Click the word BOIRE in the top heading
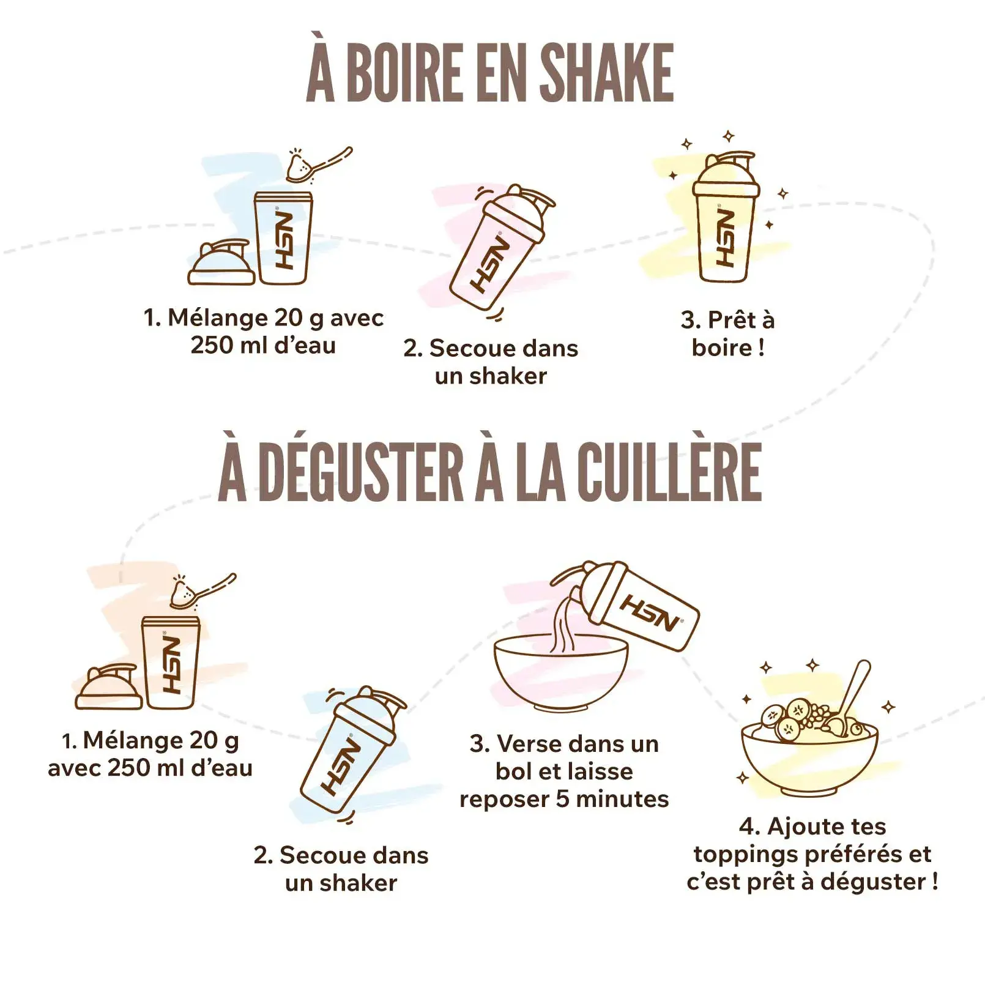[x=405, y=72]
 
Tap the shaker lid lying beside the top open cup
[x=221, y=262]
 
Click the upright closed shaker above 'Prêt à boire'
[x=726, y=217]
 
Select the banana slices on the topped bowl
[x=786, y=719]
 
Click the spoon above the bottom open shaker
[x=202, y=590]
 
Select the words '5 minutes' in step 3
[x=612, y=799]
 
